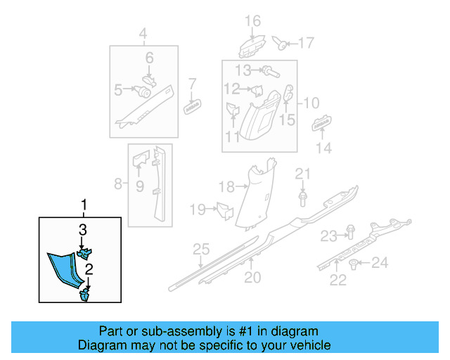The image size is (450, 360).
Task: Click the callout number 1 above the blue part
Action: [84, 205]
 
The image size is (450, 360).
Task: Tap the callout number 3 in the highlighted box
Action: [82, 229]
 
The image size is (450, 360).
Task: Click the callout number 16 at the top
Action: [252, 22]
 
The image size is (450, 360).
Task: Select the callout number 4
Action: [143, 33]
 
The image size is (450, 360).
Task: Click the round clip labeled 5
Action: [145, 91]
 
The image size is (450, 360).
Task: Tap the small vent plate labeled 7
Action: [192, 105]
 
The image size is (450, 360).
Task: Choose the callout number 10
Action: [311, 103]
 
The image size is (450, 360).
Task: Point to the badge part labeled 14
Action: [322, 124]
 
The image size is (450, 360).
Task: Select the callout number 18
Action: [225, 186]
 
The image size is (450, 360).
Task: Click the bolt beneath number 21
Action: [302, 198]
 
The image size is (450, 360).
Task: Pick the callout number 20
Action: [252, 278]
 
